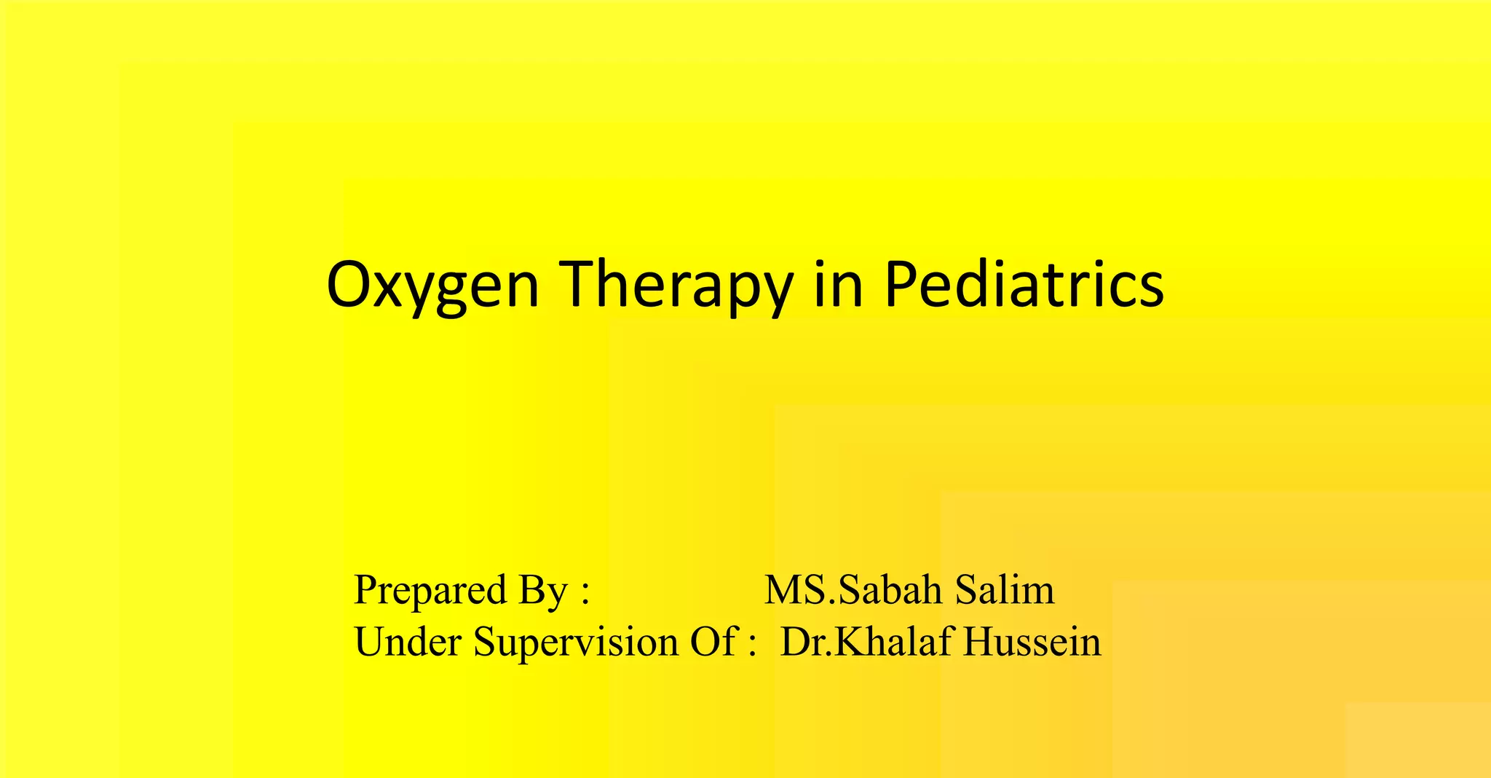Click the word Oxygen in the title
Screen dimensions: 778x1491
click(x=432, y=286)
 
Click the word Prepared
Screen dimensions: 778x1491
click(x=430, y=590)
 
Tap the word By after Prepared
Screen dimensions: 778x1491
click(x=542, y=590)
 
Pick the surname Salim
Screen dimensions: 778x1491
click(x=1005, y=590)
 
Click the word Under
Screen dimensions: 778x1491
click(x=408, y=642)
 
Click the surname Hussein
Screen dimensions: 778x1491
click(x=1032, y=642)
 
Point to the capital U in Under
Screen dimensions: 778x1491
click(x=370, y=642)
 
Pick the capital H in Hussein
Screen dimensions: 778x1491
click(x=979, y=642)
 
